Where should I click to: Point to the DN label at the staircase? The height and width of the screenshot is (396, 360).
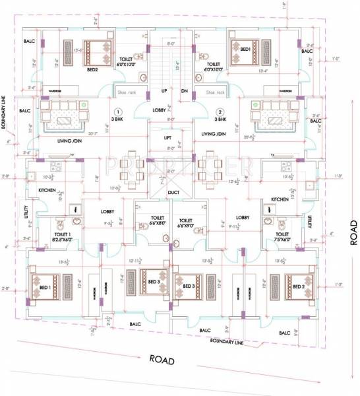pyautogui.click(x=185, y=90)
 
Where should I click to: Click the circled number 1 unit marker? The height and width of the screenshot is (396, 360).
pyautogui.click(x=117, y=111)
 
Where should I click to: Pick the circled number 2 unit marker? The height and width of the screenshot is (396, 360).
pyautogui.click(x=221, y=111)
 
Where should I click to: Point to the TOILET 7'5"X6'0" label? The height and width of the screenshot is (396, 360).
pyautogui.click(x=282, y=236)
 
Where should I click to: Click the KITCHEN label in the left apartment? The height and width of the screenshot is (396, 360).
pyautogui.click(x=47, y=190)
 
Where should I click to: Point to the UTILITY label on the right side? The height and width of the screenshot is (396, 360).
pyautogui.click(x=308, y=222)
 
